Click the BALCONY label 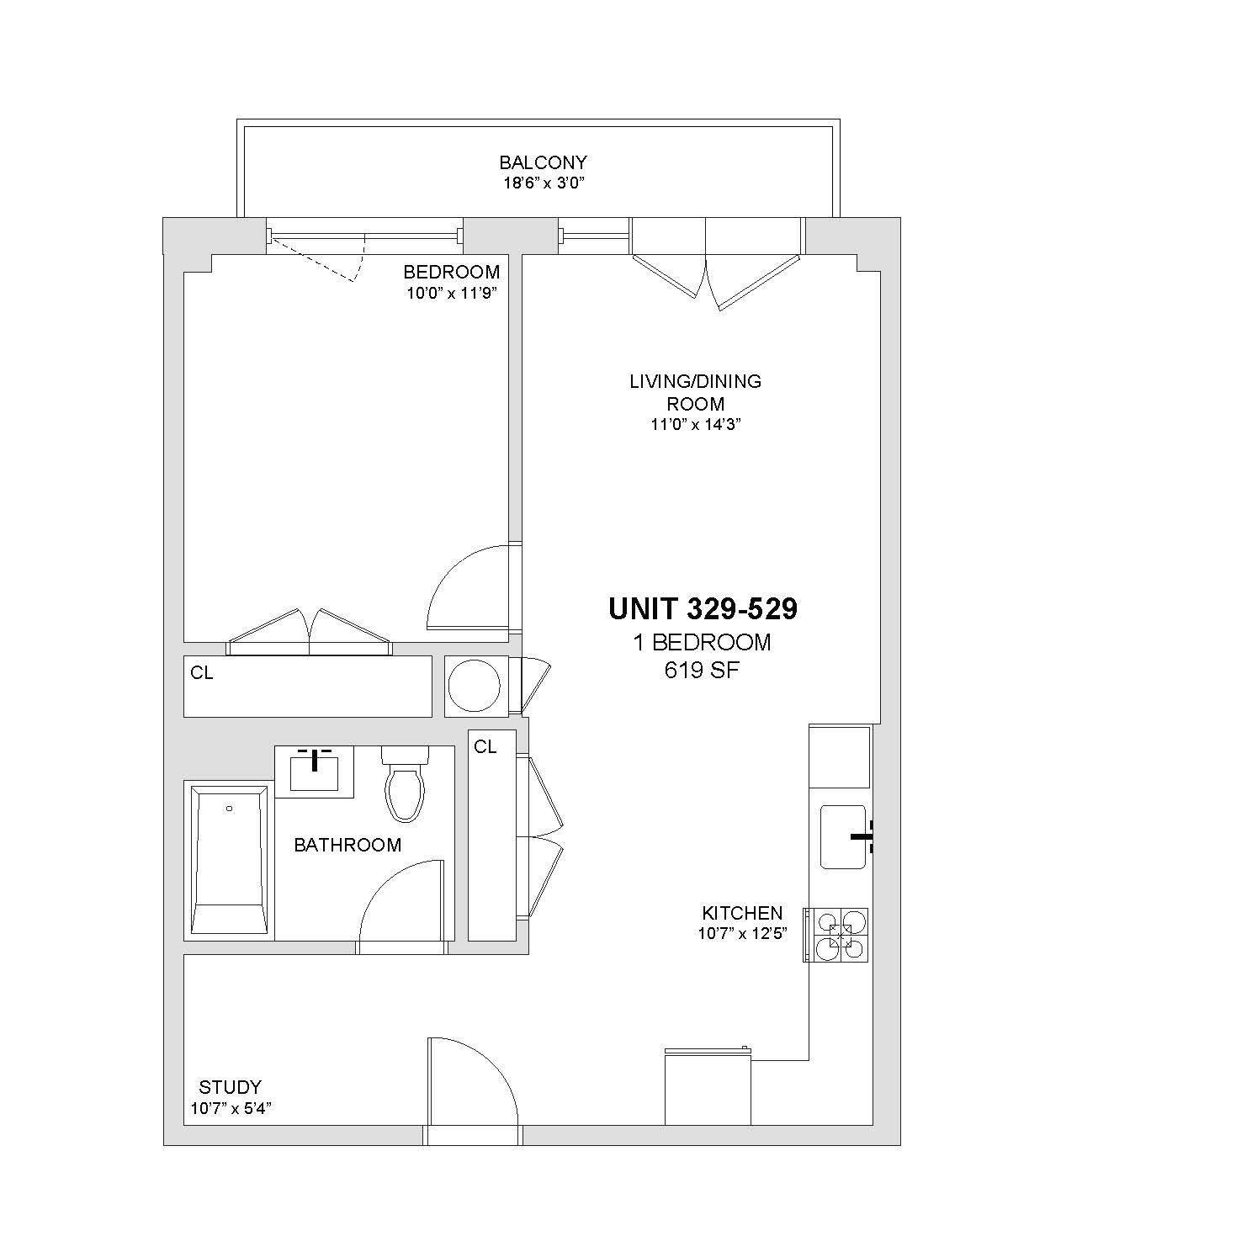point(543,162)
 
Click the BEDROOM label point(451,272)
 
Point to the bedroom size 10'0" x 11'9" point(453,294)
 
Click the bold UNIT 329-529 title point(703,608)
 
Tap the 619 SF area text point(702,671)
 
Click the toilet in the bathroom point(405,782)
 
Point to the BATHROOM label point(347,845)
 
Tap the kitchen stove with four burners point(836,935)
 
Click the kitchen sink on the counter point(844,836)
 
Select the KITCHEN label point(742,913)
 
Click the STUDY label point(230,1087)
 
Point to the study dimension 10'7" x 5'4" point(231,1108)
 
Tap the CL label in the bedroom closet point(202,673)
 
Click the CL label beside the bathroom point(485,746)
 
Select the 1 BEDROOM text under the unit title point(702,642)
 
